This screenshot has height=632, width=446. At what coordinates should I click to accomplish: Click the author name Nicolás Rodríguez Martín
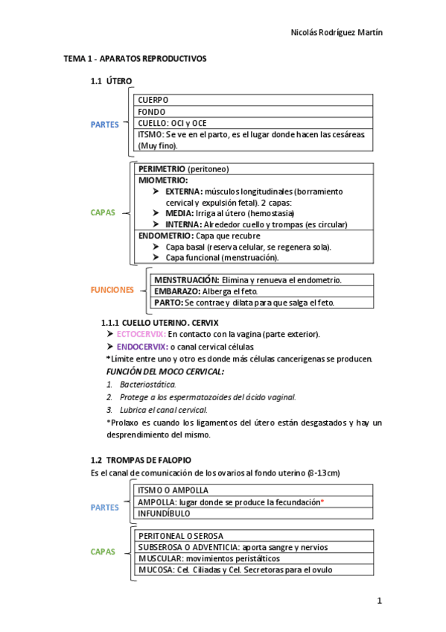336,33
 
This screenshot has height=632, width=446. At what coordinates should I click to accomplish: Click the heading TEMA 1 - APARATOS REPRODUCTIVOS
135,58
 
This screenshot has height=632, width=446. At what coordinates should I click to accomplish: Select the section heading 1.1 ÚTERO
112,81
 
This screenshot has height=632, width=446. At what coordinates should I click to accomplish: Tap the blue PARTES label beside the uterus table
104,124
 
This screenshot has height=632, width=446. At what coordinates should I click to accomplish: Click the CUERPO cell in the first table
153,100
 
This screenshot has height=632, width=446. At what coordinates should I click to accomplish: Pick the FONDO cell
152,112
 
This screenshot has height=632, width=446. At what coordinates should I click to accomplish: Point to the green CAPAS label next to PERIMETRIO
103,212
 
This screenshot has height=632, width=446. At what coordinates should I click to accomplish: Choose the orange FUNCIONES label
112,290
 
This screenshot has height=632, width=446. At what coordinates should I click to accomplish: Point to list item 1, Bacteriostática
147,384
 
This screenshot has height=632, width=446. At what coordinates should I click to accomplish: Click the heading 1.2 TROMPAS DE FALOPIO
141,461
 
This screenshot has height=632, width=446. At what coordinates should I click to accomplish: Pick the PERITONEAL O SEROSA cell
181,535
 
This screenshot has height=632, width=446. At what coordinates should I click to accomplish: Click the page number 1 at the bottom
379,600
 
